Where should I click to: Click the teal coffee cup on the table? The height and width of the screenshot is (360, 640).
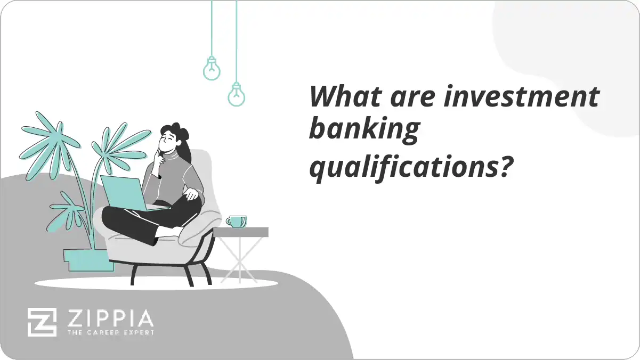[x=236, y=221]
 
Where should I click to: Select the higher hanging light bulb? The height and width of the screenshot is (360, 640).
[x=212, y=69]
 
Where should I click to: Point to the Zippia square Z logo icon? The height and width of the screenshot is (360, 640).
[x=42, y=322]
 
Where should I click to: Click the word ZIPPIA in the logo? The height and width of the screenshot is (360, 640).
[x=109, y=318]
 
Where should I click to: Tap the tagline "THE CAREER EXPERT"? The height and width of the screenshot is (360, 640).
[x=109, y=333]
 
